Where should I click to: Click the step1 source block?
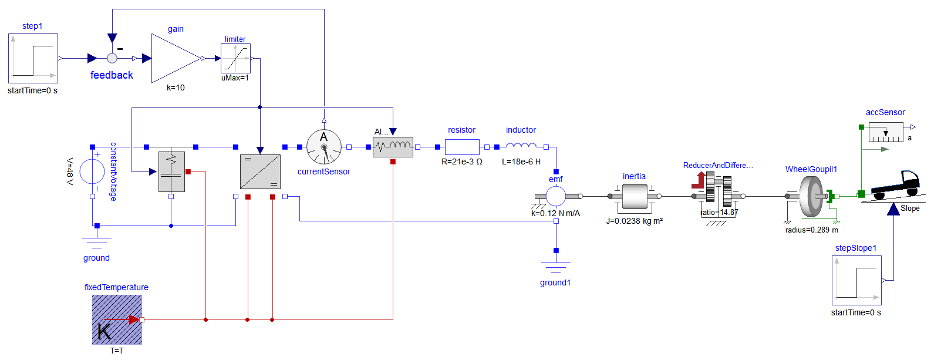[33, 58]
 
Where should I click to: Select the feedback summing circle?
[112, 58]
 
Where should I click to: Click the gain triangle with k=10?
[174, 58]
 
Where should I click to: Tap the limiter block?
[235, 58]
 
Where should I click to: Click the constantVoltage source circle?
[92, 172]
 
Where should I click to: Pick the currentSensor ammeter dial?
[324, 147]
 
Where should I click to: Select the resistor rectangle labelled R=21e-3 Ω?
[462, 147]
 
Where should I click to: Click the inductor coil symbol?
[521, 146]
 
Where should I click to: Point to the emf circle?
[556, 196]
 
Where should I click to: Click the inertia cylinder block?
[635, 196]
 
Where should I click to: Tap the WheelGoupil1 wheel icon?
[812, 196]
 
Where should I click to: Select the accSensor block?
[885, 132]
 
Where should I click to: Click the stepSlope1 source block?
[856, 281]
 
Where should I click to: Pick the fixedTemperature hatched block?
[117, 319]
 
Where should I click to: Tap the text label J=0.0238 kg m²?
[635, 221]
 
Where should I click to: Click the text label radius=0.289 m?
[812, 230]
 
